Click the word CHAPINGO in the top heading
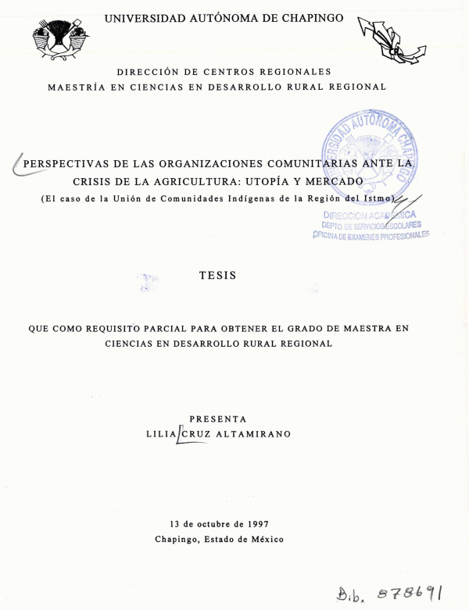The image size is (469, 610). (304, 17)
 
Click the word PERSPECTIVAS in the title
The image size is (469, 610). (71, 164)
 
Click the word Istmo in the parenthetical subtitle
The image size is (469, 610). (381, 198)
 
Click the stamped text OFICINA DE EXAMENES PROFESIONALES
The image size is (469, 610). (371, 236)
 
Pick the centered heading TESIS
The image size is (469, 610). (217, 276)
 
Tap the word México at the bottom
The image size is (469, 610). (264, 539)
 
